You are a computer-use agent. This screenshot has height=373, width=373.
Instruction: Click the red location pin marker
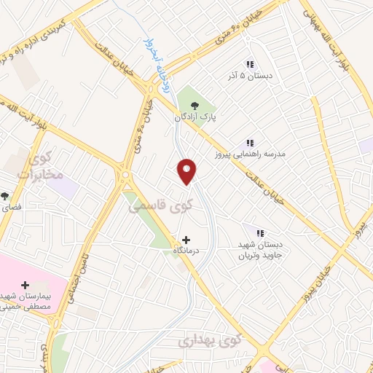[187, 171]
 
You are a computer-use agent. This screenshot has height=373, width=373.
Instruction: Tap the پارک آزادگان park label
[195, 117]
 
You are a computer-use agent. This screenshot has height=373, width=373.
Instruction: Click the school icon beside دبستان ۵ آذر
[250, 64]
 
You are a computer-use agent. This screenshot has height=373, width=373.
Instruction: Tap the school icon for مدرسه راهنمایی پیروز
[250, 143]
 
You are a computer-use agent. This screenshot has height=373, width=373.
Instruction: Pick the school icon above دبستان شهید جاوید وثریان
[259, 232]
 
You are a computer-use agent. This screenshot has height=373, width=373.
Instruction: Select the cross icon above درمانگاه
[186, 239]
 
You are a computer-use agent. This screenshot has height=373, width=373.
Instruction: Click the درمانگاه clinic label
[186, 250]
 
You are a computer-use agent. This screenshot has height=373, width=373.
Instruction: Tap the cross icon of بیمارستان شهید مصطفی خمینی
[25, 284]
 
